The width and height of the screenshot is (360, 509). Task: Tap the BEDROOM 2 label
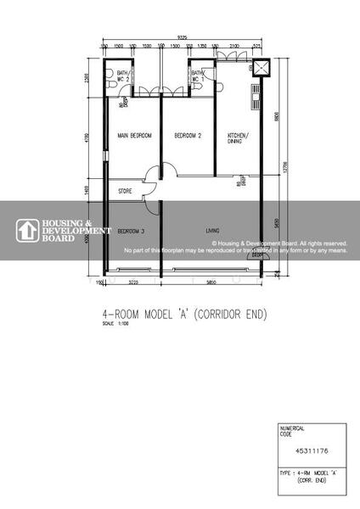(187, 135)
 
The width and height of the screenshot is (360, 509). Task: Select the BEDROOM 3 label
(130, 231)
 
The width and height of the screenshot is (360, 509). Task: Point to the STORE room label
(125, 192)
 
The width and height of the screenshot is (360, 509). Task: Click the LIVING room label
(213, 230)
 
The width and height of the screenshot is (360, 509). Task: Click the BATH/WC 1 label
(198, 76)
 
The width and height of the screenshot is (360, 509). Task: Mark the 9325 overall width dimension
(183, 38)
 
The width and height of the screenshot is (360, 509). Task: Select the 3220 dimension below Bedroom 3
(132, 282)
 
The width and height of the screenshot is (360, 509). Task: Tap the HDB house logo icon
(27, 230)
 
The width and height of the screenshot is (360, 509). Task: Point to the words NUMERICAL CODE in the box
(291, 431)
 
